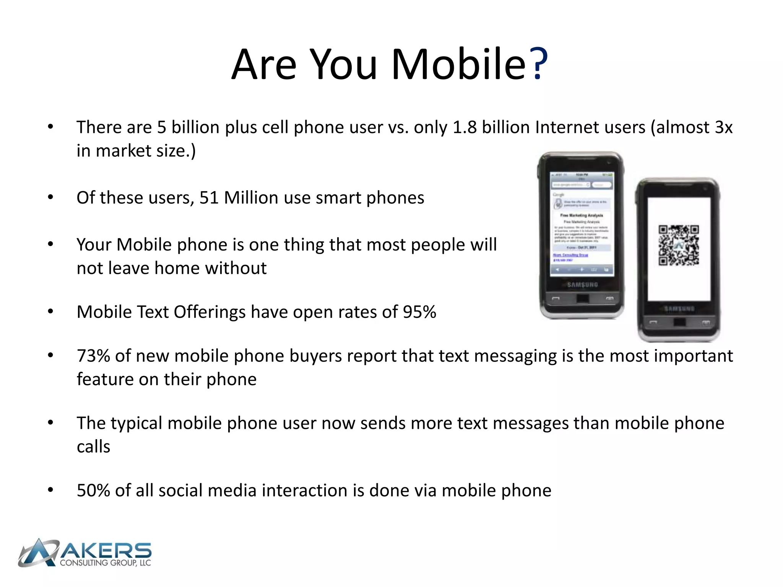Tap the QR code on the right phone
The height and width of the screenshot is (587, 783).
point(678,245)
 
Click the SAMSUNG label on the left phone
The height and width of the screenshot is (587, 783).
point(582,285)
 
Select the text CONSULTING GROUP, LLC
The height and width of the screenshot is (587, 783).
point(106,563)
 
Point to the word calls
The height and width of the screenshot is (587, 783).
point(93,447)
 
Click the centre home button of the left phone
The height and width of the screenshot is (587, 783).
point(582,298)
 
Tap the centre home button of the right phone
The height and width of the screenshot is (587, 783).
point(679,322)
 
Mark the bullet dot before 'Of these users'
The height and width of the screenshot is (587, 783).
point(50,198)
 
